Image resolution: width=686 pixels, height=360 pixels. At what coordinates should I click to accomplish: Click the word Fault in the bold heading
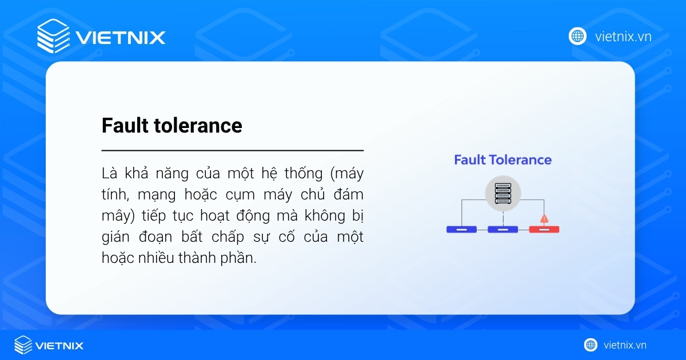123,126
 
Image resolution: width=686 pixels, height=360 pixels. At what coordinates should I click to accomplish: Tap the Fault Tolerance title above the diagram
502,160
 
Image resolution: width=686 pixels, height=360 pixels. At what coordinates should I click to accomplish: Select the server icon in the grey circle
502,193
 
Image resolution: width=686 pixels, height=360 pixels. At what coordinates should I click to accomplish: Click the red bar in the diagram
544,230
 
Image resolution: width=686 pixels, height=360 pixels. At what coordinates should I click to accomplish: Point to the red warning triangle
544,218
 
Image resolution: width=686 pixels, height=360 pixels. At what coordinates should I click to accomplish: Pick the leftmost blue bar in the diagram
461,230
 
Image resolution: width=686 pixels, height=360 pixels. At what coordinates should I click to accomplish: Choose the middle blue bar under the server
502,230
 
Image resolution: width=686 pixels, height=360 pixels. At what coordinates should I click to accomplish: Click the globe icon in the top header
577,37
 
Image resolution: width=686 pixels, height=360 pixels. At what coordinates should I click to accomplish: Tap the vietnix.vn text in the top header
623,37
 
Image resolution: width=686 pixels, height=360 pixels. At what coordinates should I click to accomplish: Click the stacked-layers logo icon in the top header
53,37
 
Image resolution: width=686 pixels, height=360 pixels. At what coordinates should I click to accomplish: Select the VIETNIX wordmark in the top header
120,38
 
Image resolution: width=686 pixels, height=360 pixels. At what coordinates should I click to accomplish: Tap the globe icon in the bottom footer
591,345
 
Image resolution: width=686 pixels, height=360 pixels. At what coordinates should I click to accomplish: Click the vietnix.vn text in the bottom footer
625,345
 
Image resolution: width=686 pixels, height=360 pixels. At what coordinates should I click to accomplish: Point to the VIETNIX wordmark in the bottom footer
59,346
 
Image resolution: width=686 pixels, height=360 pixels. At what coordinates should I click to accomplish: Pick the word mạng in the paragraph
155,194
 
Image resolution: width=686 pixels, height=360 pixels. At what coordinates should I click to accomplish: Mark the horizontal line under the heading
232,150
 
